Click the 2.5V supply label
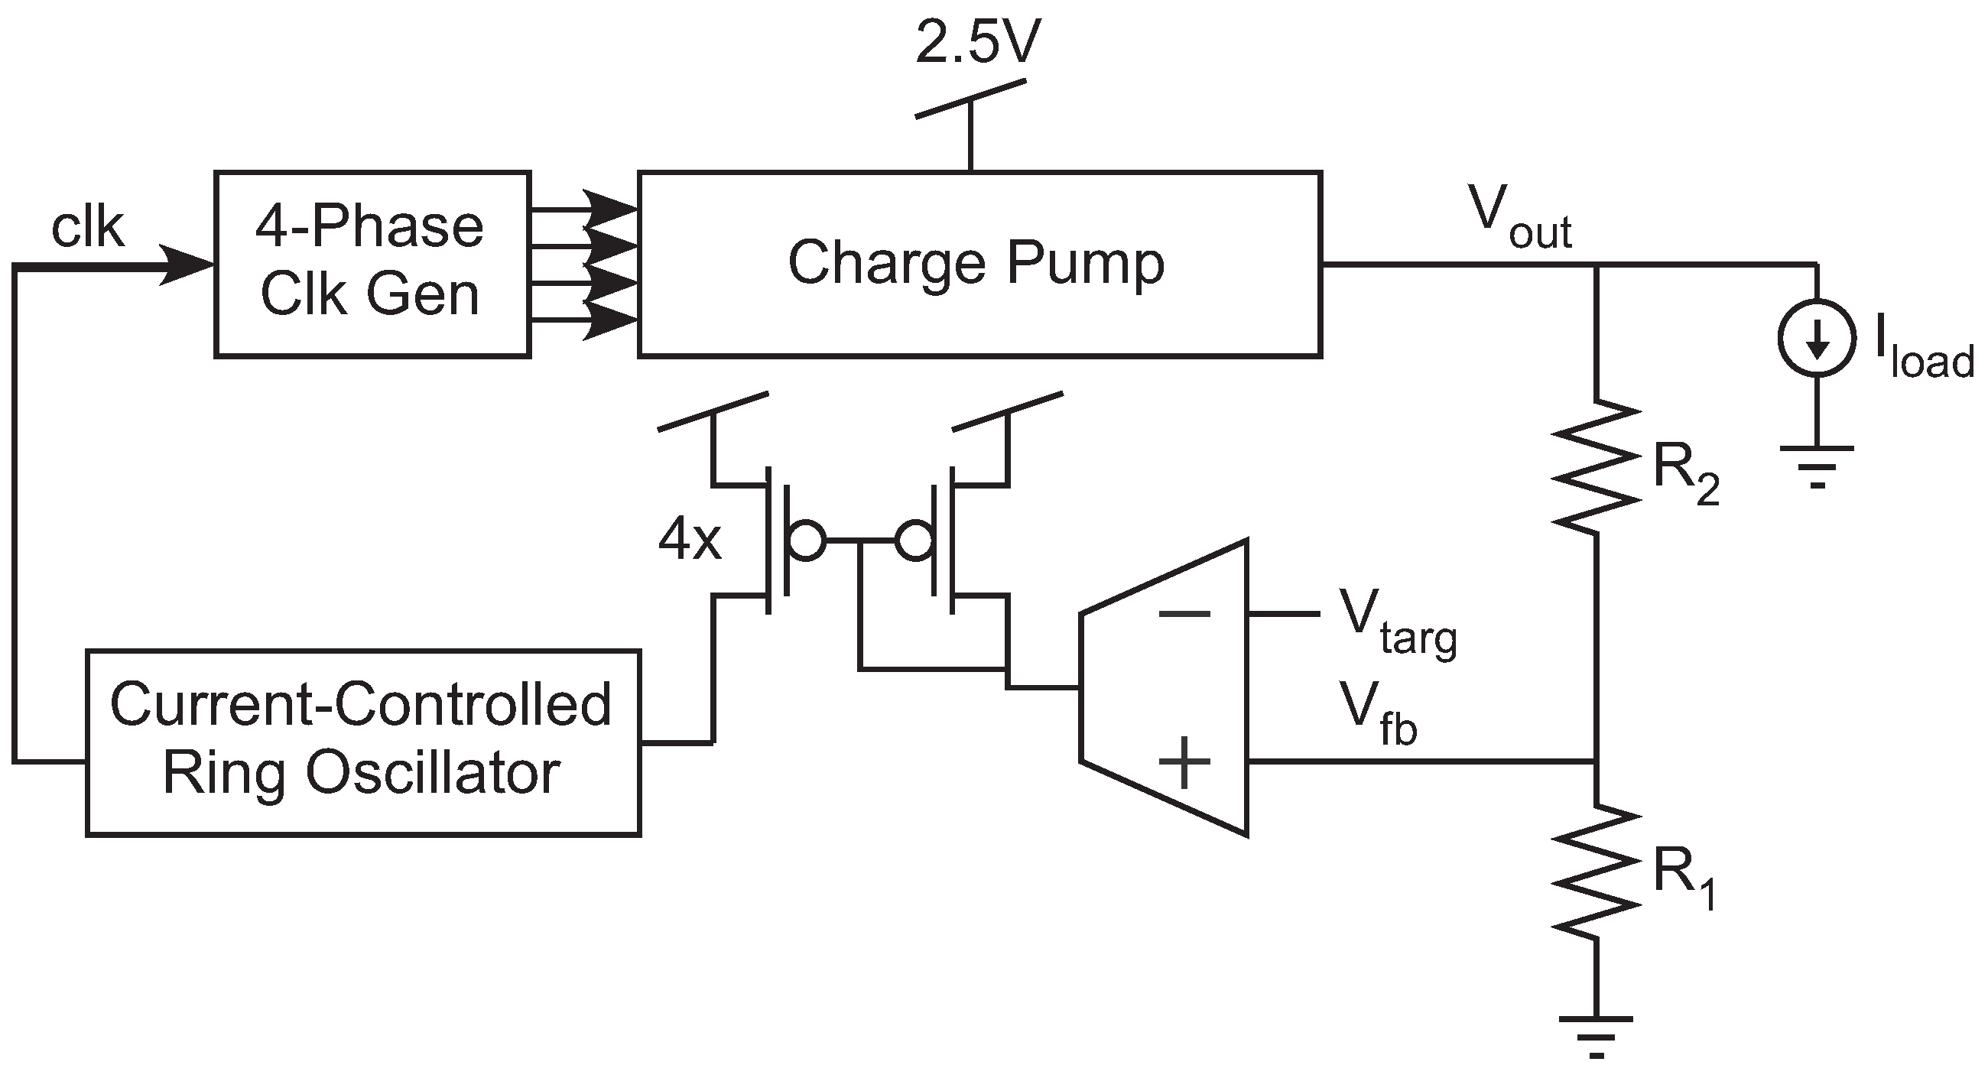point(978,43)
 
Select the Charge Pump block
point(979,264)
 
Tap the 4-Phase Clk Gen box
point(372,264)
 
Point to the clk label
point(87,228)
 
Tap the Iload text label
point(1921,357)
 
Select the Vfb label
point(1379,716)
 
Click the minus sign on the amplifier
point(1184,614)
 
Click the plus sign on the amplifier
point(1184,762)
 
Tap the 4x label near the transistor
point(689,541)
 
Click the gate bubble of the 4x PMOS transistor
point(807,541)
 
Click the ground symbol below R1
point(1596,1034)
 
